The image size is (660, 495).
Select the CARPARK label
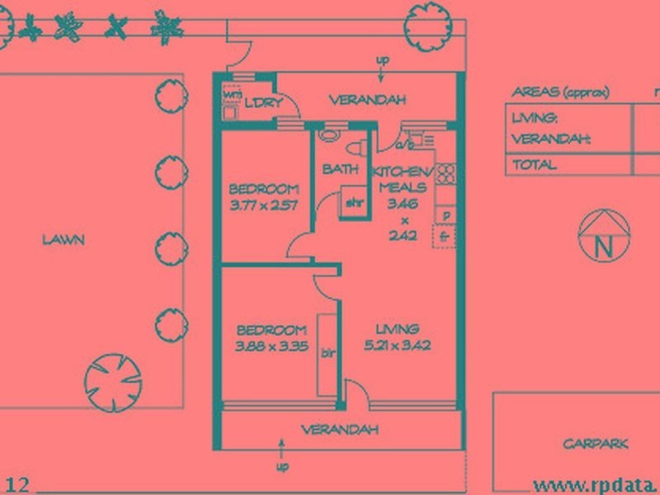coord(596,444)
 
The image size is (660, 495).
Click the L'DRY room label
coord(264,101)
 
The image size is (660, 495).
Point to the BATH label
coord(340,170)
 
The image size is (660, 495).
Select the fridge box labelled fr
coord(445,236)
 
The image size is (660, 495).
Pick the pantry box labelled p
coord(445,215)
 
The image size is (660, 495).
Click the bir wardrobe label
coord(327,352)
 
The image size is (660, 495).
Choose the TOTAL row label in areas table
coord(535,164)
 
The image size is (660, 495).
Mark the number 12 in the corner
coord(18,483)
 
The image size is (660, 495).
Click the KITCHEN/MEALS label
coord(402,179)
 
